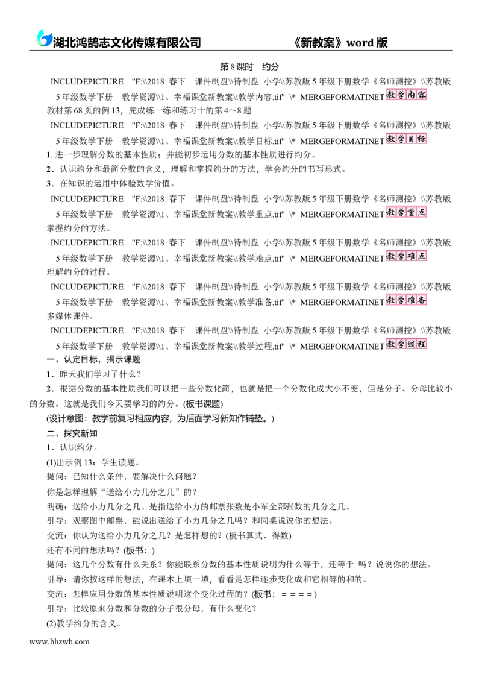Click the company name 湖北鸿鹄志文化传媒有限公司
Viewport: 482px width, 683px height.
(x=127, y=42)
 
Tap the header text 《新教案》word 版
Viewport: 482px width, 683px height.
(x=340, y=42)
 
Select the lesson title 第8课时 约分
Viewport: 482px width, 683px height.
(x=249, y=67)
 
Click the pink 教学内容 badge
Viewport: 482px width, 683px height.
(x=406, y=95)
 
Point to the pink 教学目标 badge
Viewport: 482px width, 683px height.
(x=406, y=139)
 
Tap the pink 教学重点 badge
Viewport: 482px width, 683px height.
(x=406, y=212)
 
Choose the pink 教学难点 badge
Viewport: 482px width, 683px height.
(x=406, y=256)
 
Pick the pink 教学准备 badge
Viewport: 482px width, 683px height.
(x=406, y=300)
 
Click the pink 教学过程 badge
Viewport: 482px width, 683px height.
(x=406, y=344)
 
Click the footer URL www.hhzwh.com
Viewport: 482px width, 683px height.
(x=59, y=641)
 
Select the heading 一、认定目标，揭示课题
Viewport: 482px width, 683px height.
(x=93, y=359)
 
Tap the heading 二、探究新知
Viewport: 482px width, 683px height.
(x=72, y=433)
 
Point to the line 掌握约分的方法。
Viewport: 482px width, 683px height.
(x=79, y=228)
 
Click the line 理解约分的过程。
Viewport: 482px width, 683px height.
(x=79, y=272)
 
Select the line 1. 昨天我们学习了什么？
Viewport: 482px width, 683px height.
(x=94, y=374)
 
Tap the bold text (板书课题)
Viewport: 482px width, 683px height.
(x=203, y=404)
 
